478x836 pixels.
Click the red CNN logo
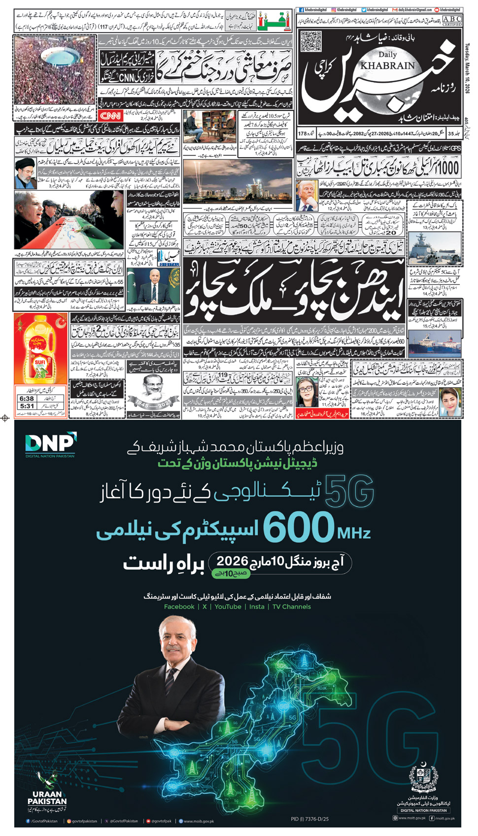(111, 116)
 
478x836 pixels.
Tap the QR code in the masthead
(310, 41)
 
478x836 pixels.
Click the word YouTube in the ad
(228, 606)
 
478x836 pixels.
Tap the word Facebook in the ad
(179, 606)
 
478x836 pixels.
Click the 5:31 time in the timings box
(27, 406)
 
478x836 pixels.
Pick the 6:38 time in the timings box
(27, 399)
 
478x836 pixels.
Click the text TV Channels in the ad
(291, 606)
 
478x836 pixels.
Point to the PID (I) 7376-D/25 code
(309, 819)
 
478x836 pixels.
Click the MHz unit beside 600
(353, 533)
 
